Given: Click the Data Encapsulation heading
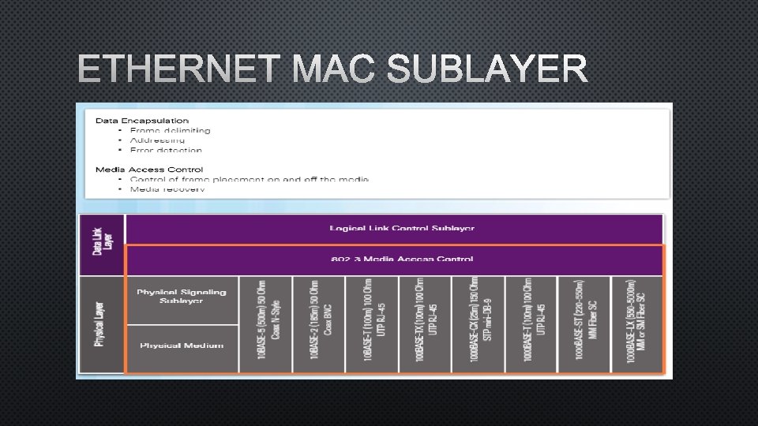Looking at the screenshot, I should point(143,120).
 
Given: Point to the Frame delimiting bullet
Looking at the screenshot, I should point(175,130).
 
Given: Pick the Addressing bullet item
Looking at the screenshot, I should point(163,140).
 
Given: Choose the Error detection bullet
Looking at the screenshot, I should point(171,149).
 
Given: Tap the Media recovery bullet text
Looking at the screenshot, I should point(167,189).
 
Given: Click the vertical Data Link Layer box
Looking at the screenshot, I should point(102,245).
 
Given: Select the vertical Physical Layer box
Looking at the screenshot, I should point(102,324).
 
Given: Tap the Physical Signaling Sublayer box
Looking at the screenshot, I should point(182,296).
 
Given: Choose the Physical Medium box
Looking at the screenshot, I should point(182,346).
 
